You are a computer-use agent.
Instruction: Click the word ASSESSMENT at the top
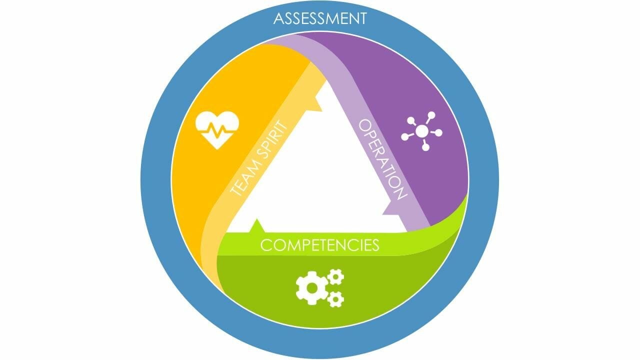click(x=320, y=18)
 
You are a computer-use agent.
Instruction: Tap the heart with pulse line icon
click(x=217, y=130)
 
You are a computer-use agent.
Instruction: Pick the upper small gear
click(x=335, y=276)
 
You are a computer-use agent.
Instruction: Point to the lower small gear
click(x=335, y=299)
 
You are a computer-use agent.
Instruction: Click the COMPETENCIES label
click(x=320, y=245)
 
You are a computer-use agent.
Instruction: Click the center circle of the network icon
click(x=422, y=131)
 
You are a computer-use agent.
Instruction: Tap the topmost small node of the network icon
click(x=431, y=115)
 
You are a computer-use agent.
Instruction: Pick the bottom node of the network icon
click(x=425, y=147)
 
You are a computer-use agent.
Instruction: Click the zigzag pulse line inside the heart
click(x=217, y=130)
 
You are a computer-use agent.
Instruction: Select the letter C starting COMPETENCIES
click(x=265, y=245)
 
